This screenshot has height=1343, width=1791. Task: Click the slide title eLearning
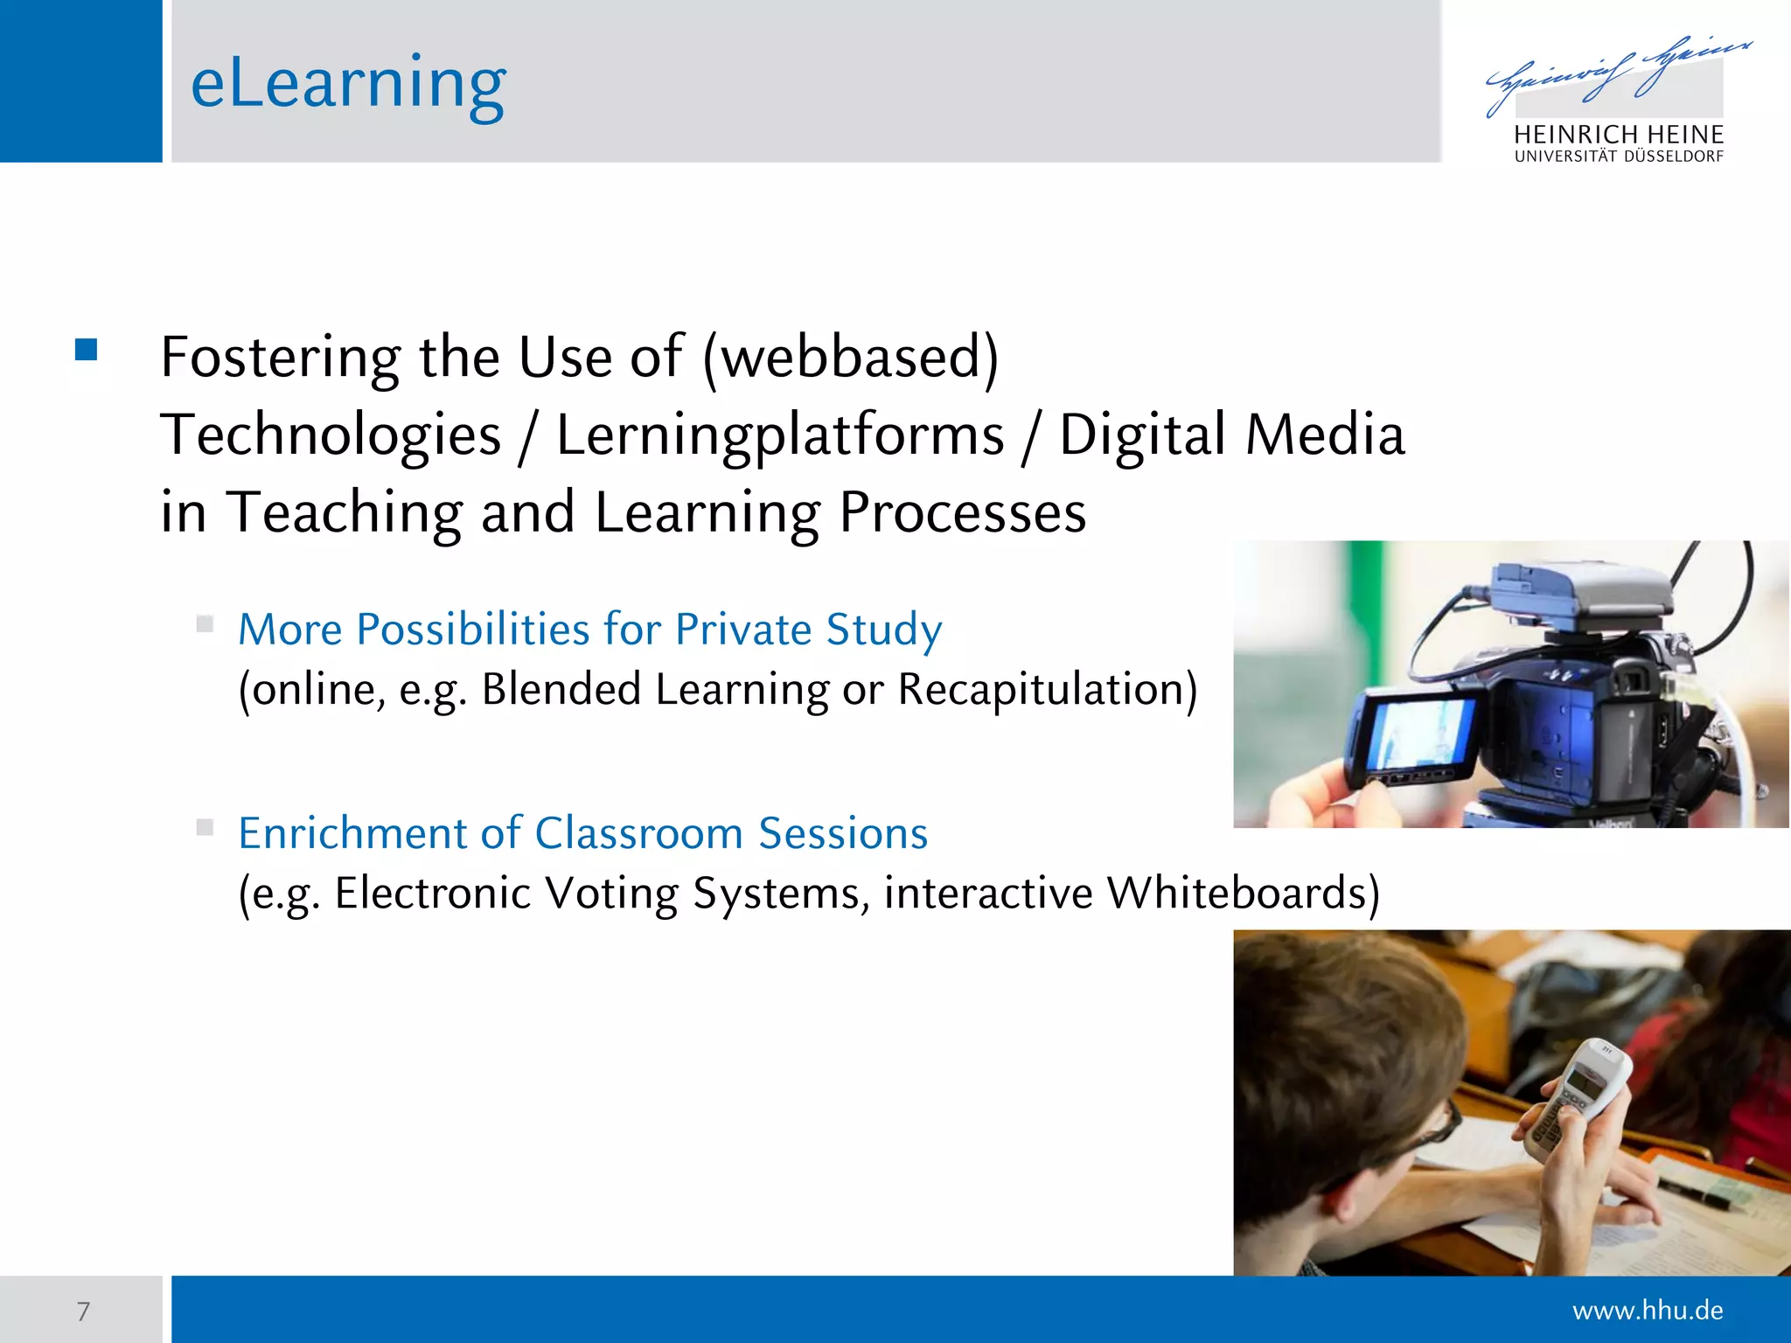click(348, 83)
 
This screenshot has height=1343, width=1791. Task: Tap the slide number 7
click(83, 1311)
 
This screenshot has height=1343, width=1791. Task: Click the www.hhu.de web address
click(1647, 1310)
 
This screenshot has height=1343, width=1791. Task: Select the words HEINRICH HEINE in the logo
click(1619, 135)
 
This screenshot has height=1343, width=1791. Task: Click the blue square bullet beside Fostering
click(86, 350)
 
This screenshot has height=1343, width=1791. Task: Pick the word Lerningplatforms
click(780, 435)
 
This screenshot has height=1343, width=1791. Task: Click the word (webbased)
click(850, 357)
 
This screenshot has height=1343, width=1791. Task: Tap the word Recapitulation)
click(1048, 689)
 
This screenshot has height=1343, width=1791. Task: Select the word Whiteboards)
click(1243, 893)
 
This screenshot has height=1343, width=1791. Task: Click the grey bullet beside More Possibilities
click(205, 623)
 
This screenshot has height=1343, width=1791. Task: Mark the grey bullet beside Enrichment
click(205, 827)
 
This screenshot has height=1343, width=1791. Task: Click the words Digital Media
click(1231, 435)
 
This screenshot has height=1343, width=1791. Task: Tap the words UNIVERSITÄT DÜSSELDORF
click(1619, 157)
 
